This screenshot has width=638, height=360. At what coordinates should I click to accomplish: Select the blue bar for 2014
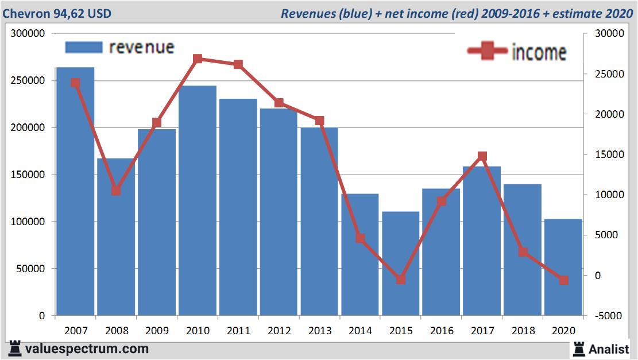coord(360,256)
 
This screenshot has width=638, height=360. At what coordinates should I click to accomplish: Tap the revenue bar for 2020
coord(563,267)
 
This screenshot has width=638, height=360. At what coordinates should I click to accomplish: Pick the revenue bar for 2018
coord(523,250)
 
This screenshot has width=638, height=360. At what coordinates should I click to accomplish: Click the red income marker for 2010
coord(198,59)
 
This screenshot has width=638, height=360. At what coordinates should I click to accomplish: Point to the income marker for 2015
coord(401,280)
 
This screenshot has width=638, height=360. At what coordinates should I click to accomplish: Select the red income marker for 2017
coord(482,156)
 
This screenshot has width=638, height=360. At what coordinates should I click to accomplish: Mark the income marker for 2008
coord(116,191)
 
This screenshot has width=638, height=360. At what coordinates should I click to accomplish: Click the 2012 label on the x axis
coord(279,331)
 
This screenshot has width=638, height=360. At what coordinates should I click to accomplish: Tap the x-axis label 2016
coord(442,331)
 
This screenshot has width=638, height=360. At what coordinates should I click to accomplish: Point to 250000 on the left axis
coord(28,81)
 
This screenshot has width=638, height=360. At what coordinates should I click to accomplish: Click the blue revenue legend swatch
coord(83,47)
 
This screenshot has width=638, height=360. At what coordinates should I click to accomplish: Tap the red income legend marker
coord(488,52)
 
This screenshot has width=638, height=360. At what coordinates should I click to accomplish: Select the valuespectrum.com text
coord(87,349)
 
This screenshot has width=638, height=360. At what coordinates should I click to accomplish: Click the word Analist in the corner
coord(609,349)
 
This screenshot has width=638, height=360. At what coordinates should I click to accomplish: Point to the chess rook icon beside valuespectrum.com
coord(14,349)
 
